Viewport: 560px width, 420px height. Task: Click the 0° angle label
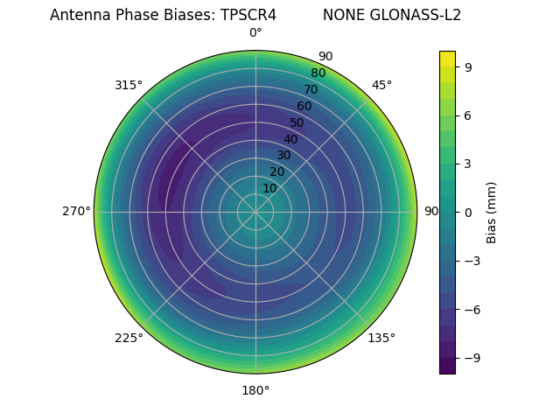click(x=255, y=33)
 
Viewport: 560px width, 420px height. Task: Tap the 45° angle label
click(x=381, y=85)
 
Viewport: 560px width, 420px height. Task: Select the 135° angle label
click(x=381, y=338)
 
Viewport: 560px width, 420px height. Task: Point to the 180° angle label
click(x=255, y=390)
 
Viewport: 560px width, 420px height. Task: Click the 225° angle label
click(x=129, y=338)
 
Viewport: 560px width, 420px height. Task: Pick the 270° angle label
click(x=76, y=212)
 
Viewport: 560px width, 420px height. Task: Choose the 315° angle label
click(x=129, y=85)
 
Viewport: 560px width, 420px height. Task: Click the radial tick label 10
click(x=269, y=188)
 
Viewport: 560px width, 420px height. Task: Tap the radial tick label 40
click(x=290, y=139)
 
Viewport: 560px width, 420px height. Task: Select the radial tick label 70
click(x=311, y=89)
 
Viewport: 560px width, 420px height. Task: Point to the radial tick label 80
click(x=318, y=73)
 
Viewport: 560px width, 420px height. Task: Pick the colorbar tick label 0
click(x=469, y=212)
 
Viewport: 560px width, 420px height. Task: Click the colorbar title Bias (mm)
click(x=492, y=212)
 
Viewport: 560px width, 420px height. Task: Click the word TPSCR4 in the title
click(x=242, y=15)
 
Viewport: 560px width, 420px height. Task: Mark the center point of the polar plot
click(x=255, y=212)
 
